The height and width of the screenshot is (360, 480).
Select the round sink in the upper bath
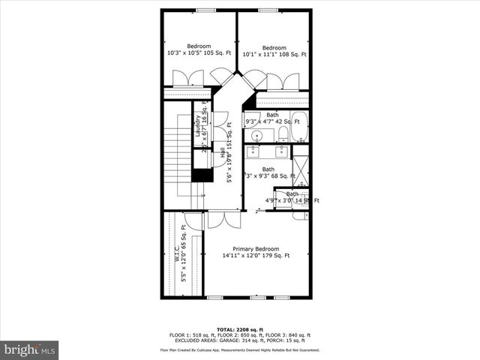tap(256, 136)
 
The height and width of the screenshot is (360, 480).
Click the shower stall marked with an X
tap(300, 169)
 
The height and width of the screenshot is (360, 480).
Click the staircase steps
tap(176, 150)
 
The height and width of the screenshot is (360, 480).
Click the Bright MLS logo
tap(30, 349)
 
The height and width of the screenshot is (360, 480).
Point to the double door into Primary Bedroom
tap(223, 220)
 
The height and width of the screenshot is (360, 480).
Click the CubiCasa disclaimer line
tap(239, 349)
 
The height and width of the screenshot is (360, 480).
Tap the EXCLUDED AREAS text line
tap(239, 340)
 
